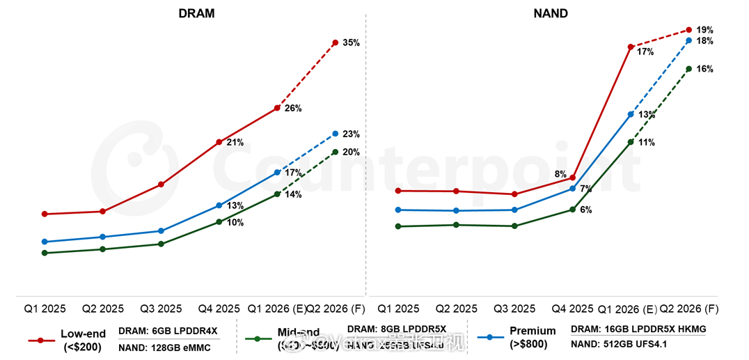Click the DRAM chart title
[x=196, y=13]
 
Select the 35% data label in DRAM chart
[x=351, y=43]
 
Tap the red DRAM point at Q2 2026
[x=336, y=43]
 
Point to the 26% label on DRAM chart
[x=293, y=109]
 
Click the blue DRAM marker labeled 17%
[x=277, y=172]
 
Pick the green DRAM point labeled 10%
[x=219, y=222]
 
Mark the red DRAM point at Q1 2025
[x=45, y=214]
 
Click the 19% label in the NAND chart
[x=704, y=30]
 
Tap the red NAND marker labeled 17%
[x=631, y=47]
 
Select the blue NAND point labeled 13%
[x=631, y=114]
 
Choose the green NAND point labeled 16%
[x=688, y=69]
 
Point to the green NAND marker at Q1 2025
[x=398, y=226]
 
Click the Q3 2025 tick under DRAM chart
[x=161, y=308]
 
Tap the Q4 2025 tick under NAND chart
[x=573, y=308]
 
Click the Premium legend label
[x=533, y=331]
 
